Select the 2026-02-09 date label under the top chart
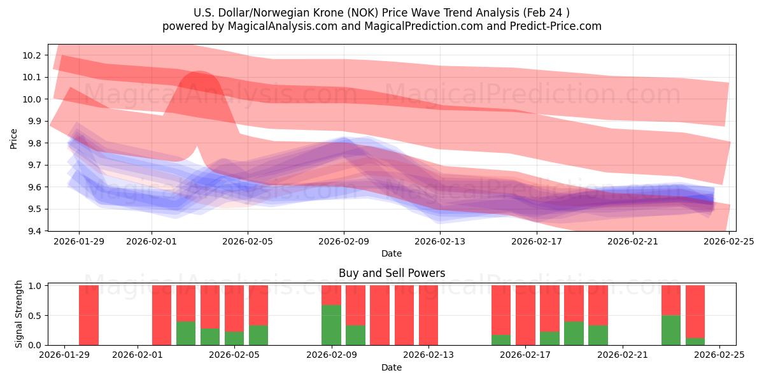coord(344,242)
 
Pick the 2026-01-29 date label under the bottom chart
coord(65,356)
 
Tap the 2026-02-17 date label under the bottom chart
coord(525,356)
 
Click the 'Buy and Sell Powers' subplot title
coord(391,273)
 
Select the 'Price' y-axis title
coord(14,138)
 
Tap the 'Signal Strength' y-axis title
coord(19,315)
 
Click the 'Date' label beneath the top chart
coord(391,253)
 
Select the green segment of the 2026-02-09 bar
coord(331,325)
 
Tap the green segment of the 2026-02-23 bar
coord(671,330)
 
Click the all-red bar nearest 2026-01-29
coord(88,315)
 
